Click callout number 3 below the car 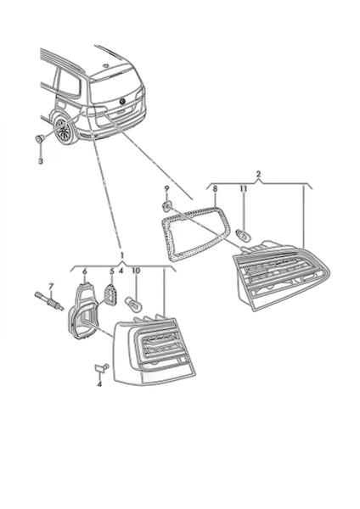coord(41,161)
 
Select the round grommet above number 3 coord(40,139)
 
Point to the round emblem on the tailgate coord(123,102)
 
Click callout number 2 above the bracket coord(258,174)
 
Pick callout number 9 coord(166,188)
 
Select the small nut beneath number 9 coord(167,204)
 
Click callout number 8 coord(215,188)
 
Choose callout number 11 coord(244,188)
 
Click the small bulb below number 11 coord(242,234)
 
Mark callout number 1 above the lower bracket coord(122,254)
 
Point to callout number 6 coord(85,271)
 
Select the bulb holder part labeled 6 coord(82,311)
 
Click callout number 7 coord(50,287)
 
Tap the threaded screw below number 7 coord(49,301)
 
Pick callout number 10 coord(136,271)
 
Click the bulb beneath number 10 coord(133,305)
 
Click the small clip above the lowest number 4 coord(102,367)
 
